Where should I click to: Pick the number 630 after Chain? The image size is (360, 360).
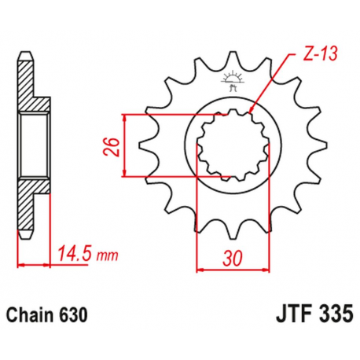pos(76,314)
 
